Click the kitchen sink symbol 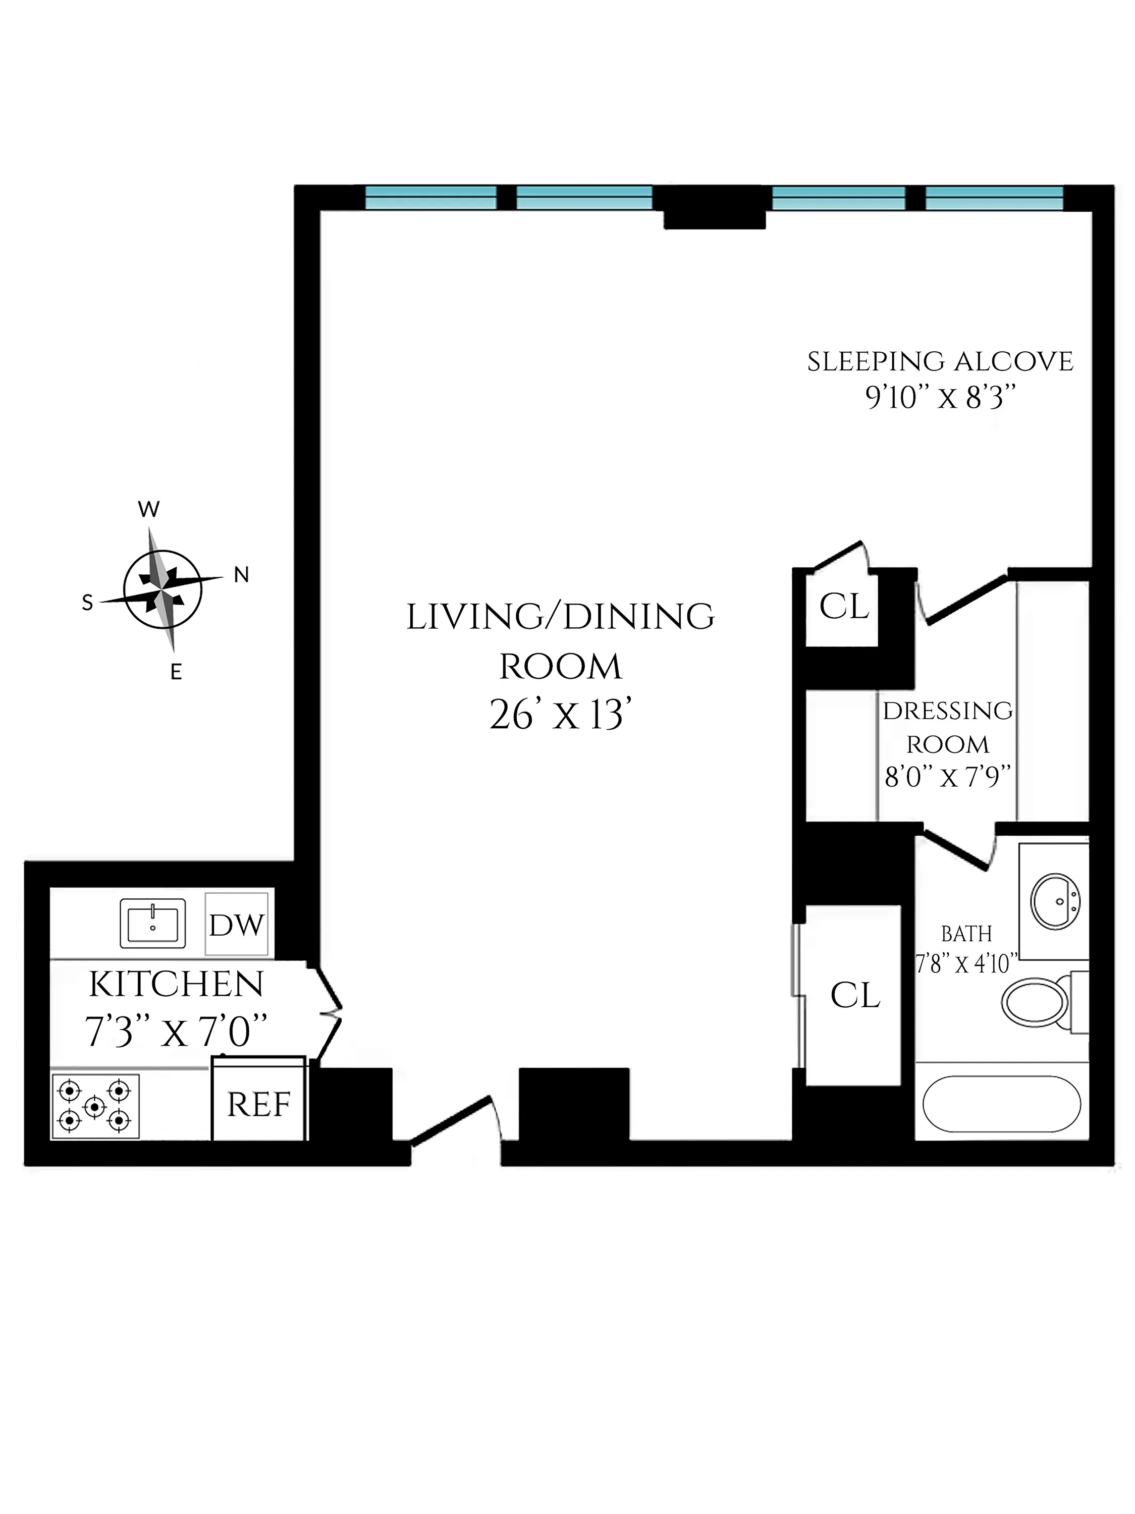152,924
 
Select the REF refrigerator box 259,1103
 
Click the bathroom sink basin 1055,901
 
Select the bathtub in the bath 1001,1103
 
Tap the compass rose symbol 162,588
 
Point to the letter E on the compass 176,672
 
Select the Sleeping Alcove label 940,361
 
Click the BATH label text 966,934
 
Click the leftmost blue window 430,197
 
